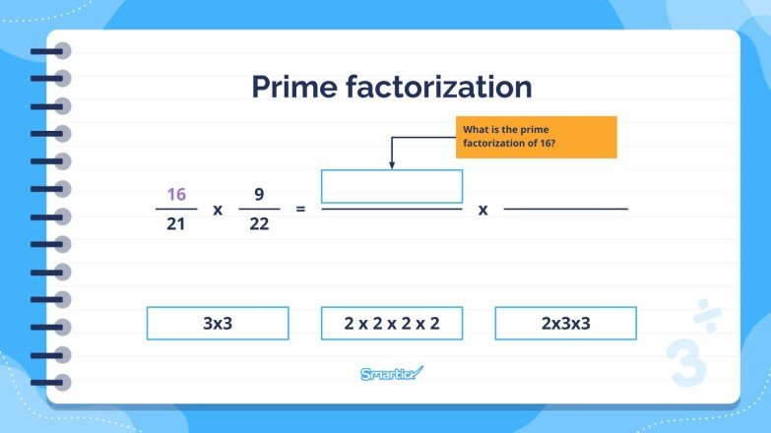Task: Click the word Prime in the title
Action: (292, 87)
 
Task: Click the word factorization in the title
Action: (437, 87)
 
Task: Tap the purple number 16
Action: (176, 193)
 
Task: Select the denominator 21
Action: (176, 225)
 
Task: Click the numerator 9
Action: (259, 193)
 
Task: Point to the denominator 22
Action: (259, 225)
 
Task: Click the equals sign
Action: (301, 210)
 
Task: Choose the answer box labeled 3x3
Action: (218, 323)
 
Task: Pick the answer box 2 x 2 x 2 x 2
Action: (392, 323)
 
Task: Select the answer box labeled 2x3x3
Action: (565, 323)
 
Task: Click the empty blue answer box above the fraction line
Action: (392, 186)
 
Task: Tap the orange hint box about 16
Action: (536, 137)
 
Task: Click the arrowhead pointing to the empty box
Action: (392, 165)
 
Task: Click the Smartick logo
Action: (390, 373)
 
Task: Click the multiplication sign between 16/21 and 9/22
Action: (218, 210)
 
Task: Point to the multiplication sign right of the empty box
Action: (483, 210)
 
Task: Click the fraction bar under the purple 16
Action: (176, 209)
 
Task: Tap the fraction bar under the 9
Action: (259, 209)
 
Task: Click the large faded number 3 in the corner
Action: (685, 361)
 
